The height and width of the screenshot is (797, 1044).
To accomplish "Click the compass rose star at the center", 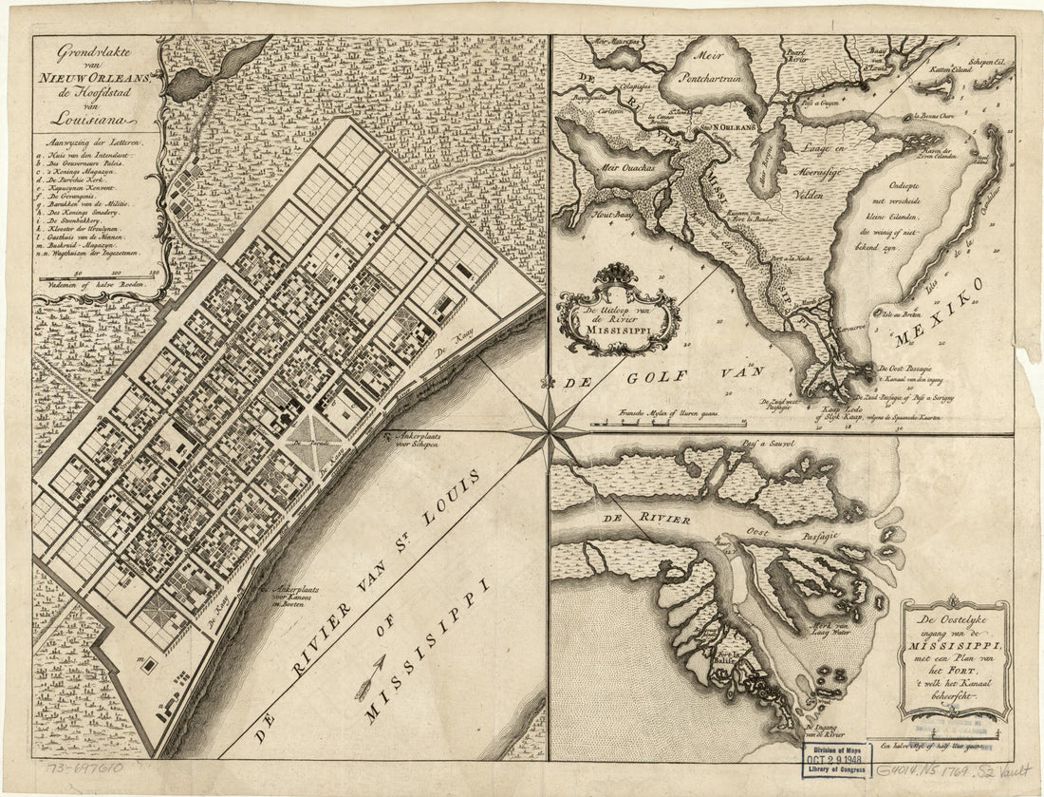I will [x=549, y=430].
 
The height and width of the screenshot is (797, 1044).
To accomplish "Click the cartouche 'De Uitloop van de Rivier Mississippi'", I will [x=619, y=311].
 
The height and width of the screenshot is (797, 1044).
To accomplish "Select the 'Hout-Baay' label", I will [x=584, y=216].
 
